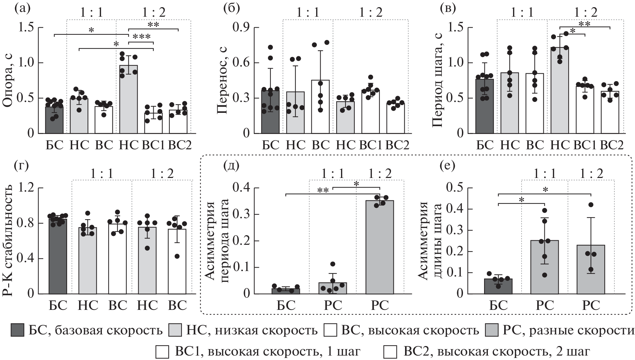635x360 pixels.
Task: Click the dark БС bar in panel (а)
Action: [55, 120]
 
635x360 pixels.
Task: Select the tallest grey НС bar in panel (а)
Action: [128, 99]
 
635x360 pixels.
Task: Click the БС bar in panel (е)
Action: [499, 286]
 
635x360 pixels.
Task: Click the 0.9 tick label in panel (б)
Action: [241, 28]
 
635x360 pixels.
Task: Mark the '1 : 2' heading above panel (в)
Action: [586, 12]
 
